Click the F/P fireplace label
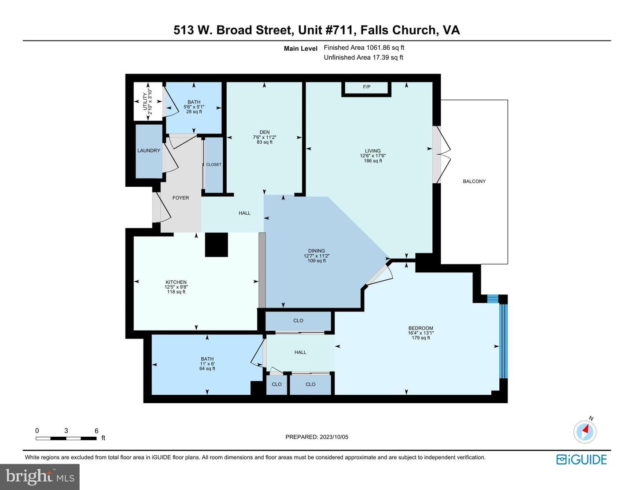point(366,87)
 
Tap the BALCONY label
point(474,182)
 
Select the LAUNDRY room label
point(149,150)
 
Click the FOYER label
point(181,198)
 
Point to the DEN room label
point(265,132)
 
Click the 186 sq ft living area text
point(373,160)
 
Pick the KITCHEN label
point(176,282)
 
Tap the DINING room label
point(317,251)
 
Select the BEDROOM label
point(421,328)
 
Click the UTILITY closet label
point(145,102)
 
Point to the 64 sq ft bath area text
point(207,368)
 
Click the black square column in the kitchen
point(216,245)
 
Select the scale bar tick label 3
point(66,431)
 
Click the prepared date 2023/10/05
point(334,437)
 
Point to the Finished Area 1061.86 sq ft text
point(364,48)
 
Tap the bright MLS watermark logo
point(40,477)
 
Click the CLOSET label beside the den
point(214,164)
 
